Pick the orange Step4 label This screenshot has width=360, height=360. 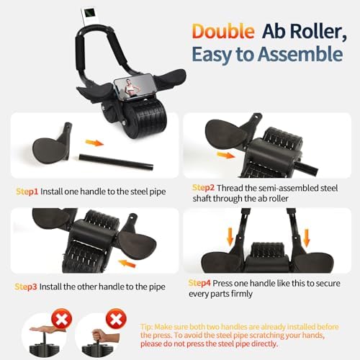[x=202, y=283]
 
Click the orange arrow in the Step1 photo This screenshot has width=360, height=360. [x=94, y=143]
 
